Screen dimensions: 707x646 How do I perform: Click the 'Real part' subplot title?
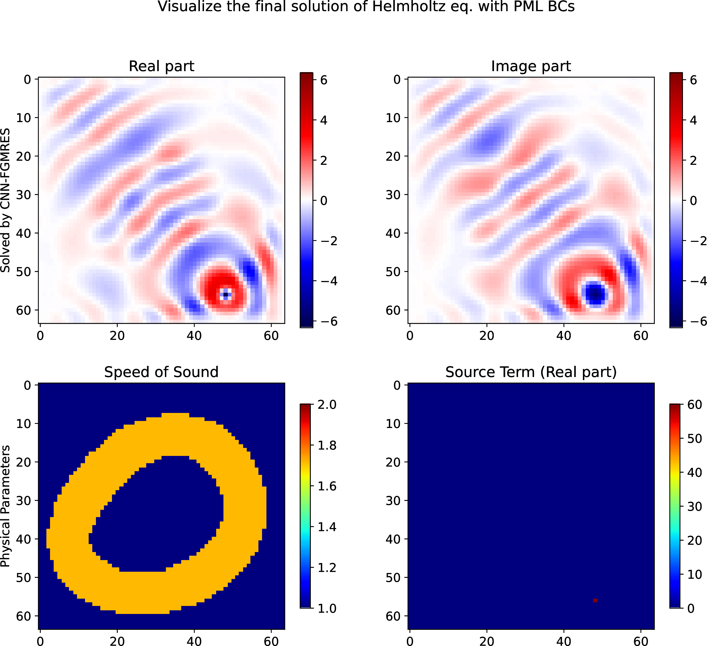coord(161,66)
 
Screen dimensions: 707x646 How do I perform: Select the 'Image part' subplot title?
coord(531,66)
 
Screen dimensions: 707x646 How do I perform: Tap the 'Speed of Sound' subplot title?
coord(161,372)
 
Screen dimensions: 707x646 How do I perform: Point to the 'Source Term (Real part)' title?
coord(531,372)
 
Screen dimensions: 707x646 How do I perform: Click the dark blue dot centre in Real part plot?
coord(225,295)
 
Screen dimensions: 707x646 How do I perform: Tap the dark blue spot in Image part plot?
coord(595,294)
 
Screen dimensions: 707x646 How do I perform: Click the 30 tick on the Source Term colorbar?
coord(695,506)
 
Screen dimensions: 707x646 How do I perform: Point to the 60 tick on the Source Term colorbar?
coord(695,405)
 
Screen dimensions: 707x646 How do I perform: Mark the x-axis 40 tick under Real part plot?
coord(194,336)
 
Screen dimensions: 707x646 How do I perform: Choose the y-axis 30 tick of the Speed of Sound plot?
coord(24,501)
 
